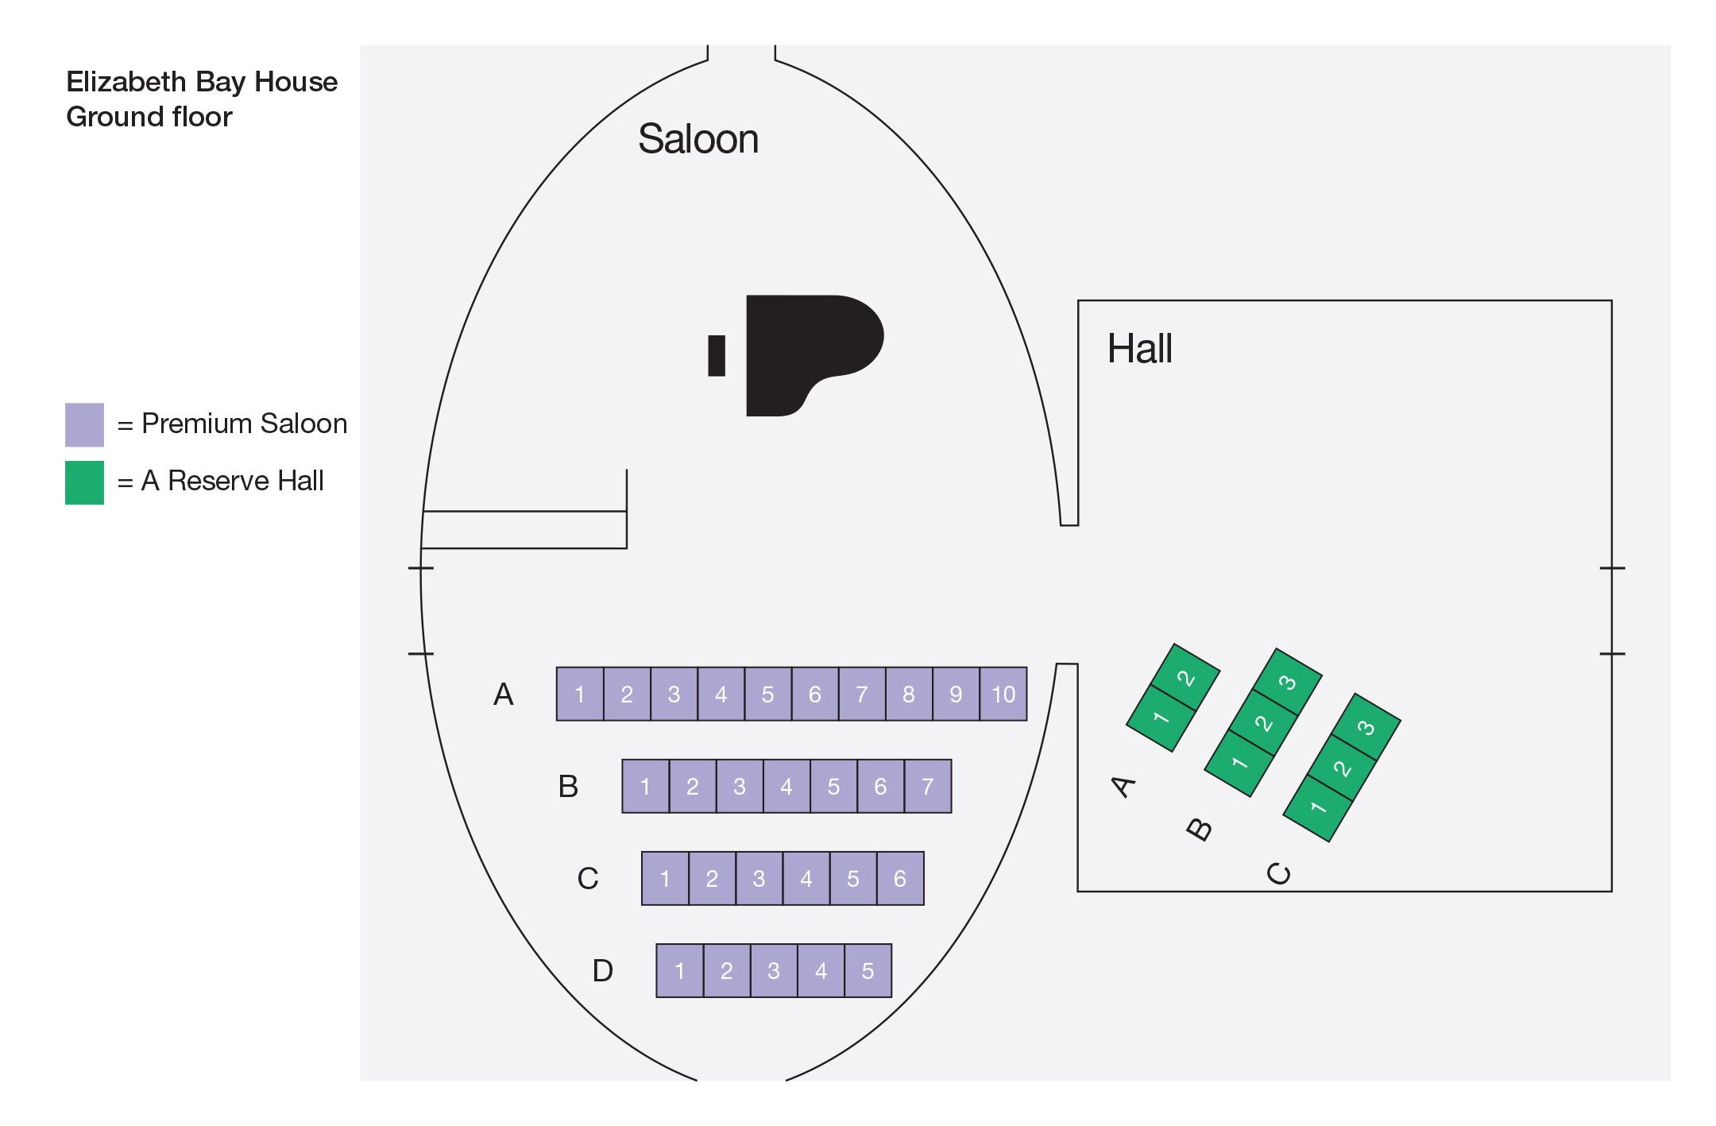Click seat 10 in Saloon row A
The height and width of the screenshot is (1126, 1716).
tap(1003, 694)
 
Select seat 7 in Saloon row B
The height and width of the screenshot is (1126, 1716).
tap(928, 786)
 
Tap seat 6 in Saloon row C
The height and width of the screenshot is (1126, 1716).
tap(900, 878)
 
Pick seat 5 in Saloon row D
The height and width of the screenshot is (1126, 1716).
tap(868, 970)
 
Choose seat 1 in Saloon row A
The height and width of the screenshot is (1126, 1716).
tap(580, 694)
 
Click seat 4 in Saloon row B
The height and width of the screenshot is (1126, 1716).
tap(786, 786)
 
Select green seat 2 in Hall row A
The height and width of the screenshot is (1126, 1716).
tap(1185, 677)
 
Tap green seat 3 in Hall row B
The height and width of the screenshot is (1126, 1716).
tap(1288, 682)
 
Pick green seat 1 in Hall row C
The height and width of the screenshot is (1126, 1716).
tap(1319, 808)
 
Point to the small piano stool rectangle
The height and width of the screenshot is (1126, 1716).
tap(717, 355)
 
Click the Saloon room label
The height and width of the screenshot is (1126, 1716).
tap(698, 139)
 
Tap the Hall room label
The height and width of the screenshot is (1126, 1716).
tap(1139, 348)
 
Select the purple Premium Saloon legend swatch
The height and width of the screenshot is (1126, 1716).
tap(84, 424)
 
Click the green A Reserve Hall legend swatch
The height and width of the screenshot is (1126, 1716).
tap(84, 482)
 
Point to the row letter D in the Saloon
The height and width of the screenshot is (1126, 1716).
tap(603, 970)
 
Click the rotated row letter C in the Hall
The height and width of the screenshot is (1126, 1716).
tap(1278, 874)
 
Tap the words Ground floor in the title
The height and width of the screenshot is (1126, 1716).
tap(149, 117)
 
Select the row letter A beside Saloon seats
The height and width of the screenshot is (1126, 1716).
tap(504, 694)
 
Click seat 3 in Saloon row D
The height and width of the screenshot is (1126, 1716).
tap(774, 970)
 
